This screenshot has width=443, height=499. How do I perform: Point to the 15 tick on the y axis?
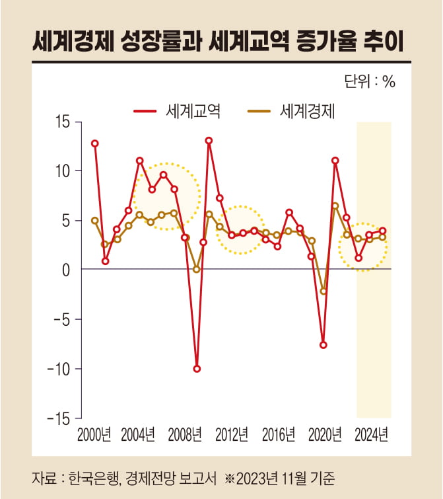tap(64, 122)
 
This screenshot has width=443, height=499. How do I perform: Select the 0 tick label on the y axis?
tap(67, 270)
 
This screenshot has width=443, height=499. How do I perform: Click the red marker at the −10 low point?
tap(197, 369)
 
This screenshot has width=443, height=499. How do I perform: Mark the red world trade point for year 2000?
tap(95, 143)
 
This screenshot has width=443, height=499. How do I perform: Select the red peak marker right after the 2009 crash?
tap(209, 140)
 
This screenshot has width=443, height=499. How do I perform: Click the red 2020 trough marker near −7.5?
tap(324, 345)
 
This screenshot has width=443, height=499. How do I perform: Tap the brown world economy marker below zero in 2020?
tap(324, 291)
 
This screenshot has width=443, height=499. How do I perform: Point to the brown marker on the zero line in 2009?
tap(197, 270)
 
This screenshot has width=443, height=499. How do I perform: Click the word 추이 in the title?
tap(386, 43)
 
